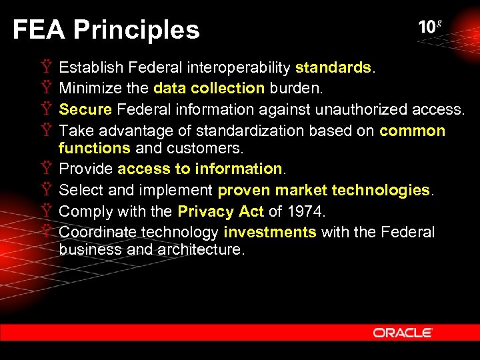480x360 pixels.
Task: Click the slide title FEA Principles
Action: click(106, 30)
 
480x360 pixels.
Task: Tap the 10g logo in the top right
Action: click(430, 27)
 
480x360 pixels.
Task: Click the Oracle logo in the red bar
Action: click(403, 332)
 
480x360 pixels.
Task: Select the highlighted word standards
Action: click(333, 68)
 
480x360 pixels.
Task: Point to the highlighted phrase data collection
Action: click(209, 89)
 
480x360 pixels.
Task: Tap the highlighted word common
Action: click(412, 131)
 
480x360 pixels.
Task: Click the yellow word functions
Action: click(94, 147)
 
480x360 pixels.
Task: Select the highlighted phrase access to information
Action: click(200, 169)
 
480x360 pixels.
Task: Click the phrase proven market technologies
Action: click(324, 191)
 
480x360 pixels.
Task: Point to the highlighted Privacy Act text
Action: click(221, 212)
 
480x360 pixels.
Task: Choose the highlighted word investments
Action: click(270, 233)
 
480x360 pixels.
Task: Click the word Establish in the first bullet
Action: click(91, 68)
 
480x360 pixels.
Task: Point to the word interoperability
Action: click(239, 68)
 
